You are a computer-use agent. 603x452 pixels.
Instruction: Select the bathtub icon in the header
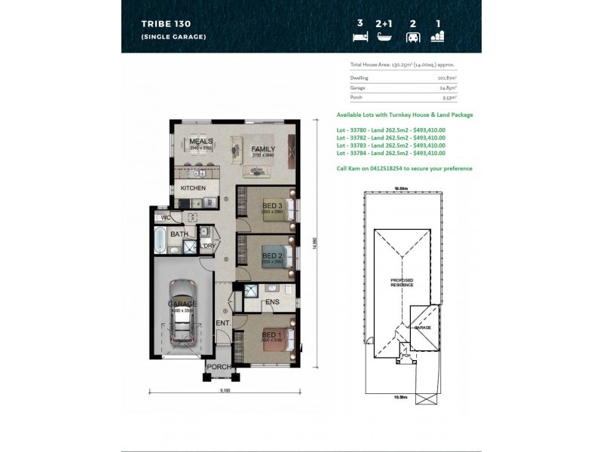click(384, 35)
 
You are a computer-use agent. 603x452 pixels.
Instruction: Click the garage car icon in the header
click(412, 36)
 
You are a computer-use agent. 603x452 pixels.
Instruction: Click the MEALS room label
click(200, 142)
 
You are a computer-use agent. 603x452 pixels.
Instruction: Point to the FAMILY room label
click(263, 149)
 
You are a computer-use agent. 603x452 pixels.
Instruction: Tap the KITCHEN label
click(192, 188)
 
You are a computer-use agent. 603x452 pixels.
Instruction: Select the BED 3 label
click(272, 206)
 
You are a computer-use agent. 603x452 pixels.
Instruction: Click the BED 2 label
click(271, 256)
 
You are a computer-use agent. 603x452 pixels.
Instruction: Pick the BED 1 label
click(271, 334)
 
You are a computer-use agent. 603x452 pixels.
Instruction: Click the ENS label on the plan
click(272, 303)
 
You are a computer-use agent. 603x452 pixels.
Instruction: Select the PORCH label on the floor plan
click(219, 368)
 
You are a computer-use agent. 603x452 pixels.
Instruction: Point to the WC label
click(166, 218)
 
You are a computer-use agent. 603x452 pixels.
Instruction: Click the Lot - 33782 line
click(390, 137)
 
